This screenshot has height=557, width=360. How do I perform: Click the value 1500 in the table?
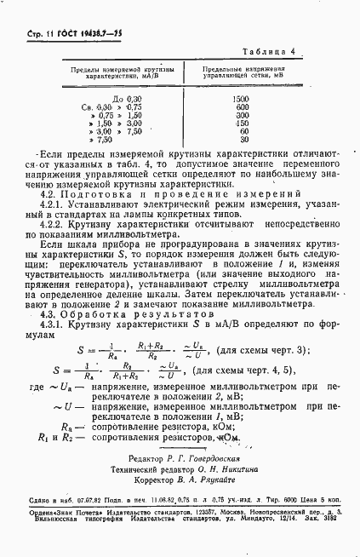[240, 100]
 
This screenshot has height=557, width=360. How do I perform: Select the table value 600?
[242, 107]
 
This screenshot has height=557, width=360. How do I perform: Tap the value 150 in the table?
[242, 123]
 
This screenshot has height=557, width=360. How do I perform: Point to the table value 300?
[242, 116]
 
